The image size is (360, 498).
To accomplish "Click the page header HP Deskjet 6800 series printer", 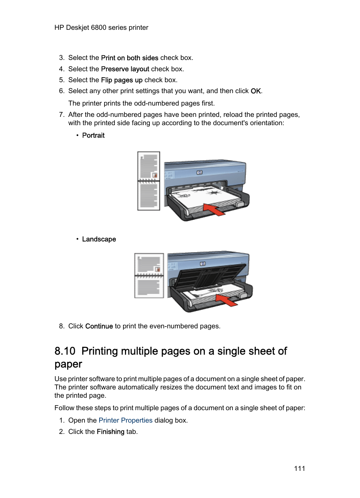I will coord(101,28).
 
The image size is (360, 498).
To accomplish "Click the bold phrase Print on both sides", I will coord(129,58).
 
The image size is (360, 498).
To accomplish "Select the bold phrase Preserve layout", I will coord(125,69).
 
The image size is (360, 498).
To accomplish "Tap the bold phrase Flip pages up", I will coord(122,80).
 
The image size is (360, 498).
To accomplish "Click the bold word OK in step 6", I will coord(255,91).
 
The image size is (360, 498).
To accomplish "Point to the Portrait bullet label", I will coord(93,135).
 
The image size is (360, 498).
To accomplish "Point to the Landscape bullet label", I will coord(99,239).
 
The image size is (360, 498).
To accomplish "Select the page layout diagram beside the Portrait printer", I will coord(149,181).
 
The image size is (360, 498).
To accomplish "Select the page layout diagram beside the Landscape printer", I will coord(149,276).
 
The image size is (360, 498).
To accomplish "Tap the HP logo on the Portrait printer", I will coord(199,172).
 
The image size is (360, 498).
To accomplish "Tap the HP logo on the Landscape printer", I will coord(203,264).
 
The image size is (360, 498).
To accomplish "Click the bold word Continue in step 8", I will coord(99,326).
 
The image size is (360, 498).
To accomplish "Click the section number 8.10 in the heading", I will coord(65,351).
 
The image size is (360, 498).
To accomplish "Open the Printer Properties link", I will coord(125,420).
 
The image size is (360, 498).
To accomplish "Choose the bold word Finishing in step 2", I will coord(110,432).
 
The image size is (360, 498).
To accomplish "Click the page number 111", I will coord(299,469).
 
